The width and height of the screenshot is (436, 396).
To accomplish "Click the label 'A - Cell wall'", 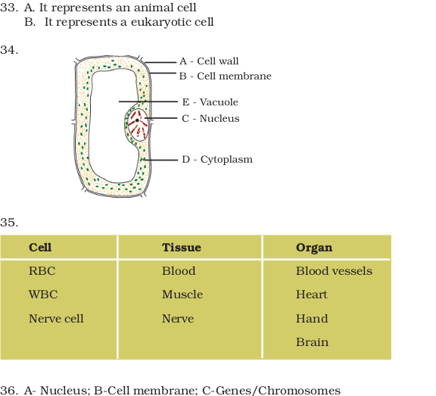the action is pos(209,61).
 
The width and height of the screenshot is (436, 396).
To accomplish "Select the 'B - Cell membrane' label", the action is pos(226,76).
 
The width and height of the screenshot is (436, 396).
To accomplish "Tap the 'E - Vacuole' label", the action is pos(210,102).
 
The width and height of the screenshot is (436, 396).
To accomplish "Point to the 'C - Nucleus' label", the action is pos(210,118).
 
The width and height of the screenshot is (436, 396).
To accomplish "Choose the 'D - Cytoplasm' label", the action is pos(217,160).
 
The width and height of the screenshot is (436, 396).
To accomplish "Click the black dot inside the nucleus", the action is pos(137,120).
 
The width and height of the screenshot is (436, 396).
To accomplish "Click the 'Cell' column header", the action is pos(40,248).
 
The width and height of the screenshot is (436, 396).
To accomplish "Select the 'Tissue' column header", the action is pos(182,248).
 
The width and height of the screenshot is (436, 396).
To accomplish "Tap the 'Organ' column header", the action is pos(314,248).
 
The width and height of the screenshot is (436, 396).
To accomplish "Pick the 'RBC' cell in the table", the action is pos(42,271).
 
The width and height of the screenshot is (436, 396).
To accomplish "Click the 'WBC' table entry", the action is pos(43,295).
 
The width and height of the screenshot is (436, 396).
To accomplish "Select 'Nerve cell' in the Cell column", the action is pos(56,319).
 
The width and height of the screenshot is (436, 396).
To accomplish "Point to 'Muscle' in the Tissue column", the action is pos(182,295).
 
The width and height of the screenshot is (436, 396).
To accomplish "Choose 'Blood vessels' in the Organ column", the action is pos(335,271).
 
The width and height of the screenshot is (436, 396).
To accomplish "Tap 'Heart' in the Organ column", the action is pos(312,295).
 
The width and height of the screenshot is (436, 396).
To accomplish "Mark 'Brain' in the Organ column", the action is pos(313,342).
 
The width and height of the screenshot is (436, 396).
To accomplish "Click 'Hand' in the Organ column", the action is pos(312,319).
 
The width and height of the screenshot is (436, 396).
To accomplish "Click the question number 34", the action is pos(9,50).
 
